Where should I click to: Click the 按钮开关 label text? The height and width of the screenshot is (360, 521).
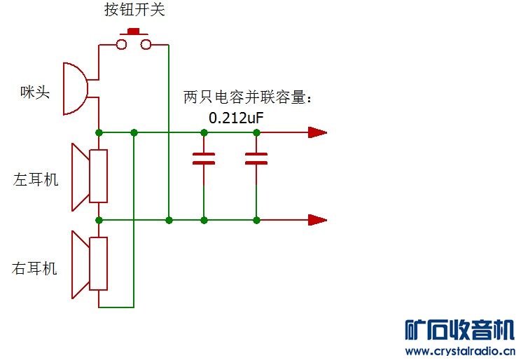[134, 9]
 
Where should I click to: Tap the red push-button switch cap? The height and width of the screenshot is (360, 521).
[134, 32]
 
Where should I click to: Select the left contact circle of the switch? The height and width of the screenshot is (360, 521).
[121, 44]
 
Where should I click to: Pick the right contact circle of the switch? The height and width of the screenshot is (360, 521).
[146, 44]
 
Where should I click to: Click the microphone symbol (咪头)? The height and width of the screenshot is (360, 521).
[76, 89]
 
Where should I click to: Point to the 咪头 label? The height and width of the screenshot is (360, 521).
[35, 92]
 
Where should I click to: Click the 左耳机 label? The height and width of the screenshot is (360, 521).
[36, 180]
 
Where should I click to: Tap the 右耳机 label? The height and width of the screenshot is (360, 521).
[34, 268]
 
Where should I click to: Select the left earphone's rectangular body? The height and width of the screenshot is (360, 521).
[98, 176]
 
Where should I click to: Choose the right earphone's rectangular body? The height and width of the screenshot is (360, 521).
[98, 263]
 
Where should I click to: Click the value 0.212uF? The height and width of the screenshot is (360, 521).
[236, 118]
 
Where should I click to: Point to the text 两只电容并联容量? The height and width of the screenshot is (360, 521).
[244, 97]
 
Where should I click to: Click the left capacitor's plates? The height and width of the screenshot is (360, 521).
[204, 158]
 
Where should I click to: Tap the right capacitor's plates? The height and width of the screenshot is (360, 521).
[256, 158]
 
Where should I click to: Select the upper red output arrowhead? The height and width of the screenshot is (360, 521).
[318, 132]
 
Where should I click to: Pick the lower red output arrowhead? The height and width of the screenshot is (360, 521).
[318, 220]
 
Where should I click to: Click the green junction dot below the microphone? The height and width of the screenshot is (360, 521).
[99, 132]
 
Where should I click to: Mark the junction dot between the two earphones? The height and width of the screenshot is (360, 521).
[99, 220]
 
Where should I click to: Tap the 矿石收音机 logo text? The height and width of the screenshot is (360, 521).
[460, 329]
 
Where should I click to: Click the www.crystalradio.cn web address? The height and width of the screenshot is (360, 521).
[460, 351]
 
